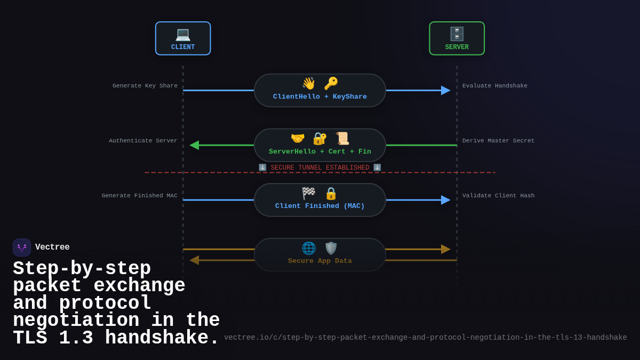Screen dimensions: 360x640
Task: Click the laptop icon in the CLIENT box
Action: coord(183,34)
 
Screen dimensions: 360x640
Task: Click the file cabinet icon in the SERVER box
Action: coord(457,34)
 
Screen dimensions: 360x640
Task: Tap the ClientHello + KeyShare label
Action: coord(320,97)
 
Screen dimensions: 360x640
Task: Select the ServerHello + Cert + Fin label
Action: coord(320,151)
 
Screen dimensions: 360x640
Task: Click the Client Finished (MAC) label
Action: coord(320,206)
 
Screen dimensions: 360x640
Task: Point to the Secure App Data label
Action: coord(320,261)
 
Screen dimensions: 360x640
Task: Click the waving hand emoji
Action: coord(309,84)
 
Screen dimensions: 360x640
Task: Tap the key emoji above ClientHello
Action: coord(331,84)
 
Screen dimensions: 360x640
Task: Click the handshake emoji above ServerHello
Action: coord(298,139)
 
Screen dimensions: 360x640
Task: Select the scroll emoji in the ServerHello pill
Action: coord(342,139)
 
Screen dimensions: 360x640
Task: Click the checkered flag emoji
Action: coord(309,193)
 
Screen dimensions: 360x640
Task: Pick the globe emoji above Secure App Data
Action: coord(309,248)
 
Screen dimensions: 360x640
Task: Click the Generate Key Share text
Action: coord(145,86)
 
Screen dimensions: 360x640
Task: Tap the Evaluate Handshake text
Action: coord(495,86)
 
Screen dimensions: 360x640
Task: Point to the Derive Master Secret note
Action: coord(498,141)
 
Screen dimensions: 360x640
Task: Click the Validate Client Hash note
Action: coord(498,196)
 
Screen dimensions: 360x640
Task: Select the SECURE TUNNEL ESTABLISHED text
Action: coord(320,167)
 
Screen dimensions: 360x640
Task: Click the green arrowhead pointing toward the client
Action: coord(194,145)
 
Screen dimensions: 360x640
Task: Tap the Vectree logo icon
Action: coord(22,247)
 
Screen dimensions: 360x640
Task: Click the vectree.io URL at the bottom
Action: coord(425,338)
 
